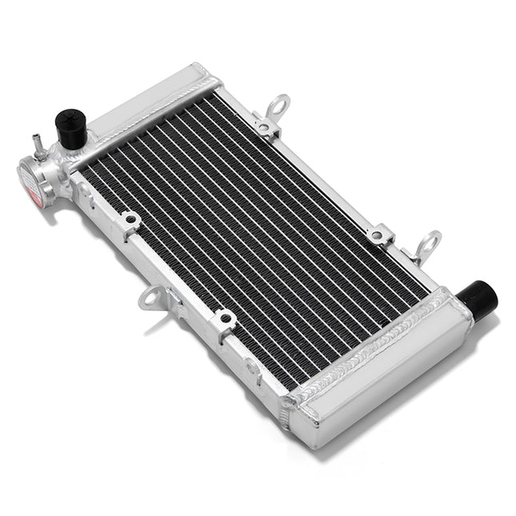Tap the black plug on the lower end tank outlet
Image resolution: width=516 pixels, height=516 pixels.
point(482,297)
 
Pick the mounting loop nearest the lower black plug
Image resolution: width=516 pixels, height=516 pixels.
point(429,243)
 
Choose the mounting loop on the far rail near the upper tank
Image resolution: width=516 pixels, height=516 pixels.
point(278,106)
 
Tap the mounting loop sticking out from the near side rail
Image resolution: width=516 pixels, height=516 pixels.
point(150,298)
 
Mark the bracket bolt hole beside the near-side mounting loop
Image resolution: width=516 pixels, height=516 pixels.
point(225,318)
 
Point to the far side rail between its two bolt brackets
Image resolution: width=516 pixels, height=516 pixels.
point(320,180)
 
